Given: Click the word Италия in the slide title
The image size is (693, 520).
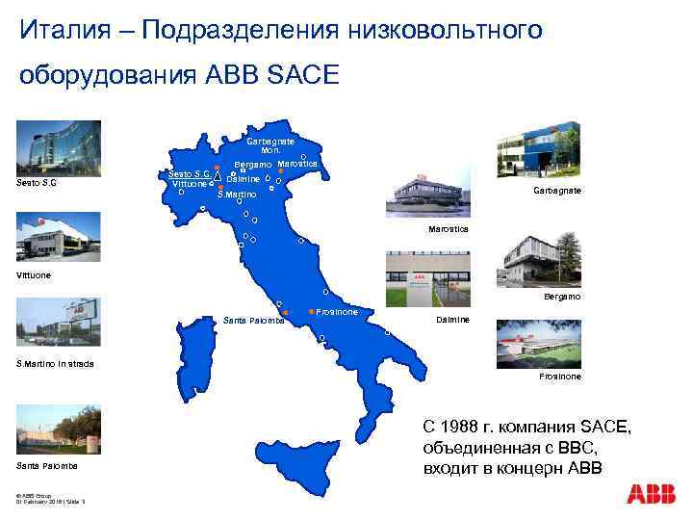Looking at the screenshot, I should (x=72, y=31).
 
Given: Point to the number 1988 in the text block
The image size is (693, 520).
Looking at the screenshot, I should (x=466, y=427).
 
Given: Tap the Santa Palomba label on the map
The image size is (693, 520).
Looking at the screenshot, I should (x=252, y=320).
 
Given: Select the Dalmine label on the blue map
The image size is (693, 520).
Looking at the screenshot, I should (x=244, y=180).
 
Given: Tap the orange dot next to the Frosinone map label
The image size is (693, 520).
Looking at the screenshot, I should (x=311, y=312).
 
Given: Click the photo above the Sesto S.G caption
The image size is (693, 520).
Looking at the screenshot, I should (x=51, y=149).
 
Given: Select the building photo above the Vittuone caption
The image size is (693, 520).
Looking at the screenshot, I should (x=51, y=237).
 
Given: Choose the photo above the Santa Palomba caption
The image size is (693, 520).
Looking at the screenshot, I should (x=51, y=430).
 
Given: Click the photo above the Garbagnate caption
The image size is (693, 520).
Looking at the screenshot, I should (x=539, y=152).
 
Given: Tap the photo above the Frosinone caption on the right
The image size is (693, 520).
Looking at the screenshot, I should (x=539, y=343).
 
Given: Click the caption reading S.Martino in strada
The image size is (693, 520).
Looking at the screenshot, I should (x=56, y=363).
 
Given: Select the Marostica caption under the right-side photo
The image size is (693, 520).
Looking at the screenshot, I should (x=449, y=229).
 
